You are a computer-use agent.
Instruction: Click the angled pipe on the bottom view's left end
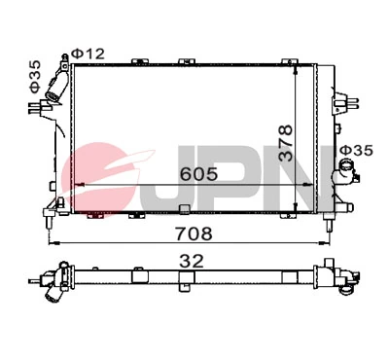pyautogui.click(x=48, y=281)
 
